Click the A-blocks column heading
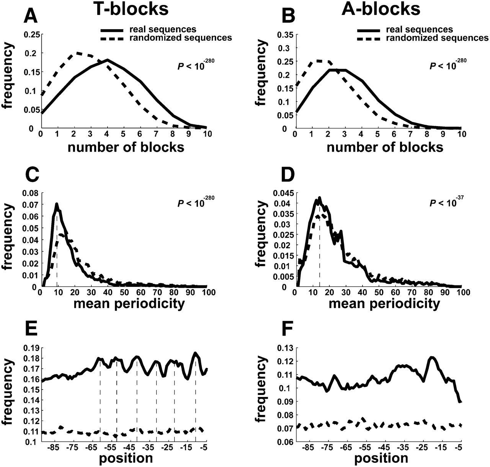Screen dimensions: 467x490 point(381,9)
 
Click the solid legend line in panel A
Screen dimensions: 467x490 point(112,29)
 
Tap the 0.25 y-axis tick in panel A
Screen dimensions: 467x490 point(31,35)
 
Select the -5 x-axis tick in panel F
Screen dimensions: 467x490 point(459,447)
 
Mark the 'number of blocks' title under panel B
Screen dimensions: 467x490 point(385,147)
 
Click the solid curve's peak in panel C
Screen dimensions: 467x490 point(57,204)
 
